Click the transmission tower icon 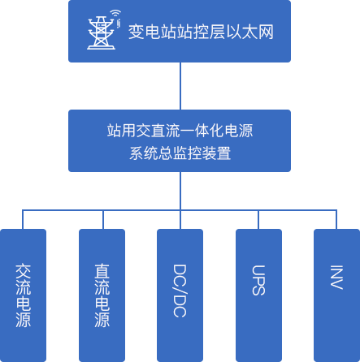click(x=101, y=32)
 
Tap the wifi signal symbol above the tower click(x=115, y=13)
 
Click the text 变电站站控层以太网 click(x=201, y=32)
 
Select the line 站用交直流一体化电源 click(x=180, y=131)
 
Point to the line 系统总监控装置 click(x=180, y=153)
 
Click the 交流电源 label click(x=24, y=295)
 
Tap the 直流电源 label click(x=102, y=295)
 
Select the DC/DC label click(x=180, y=291)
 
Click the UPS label click(x=258, y=280)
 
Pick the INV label click(x=336, y=278)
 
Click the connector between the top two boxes click(x=180, y=86)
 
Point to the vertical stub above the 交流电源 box click(x=23, y=219)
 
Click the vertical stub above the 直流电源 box click(x=103, y=219)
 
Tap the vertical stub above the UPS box click(x=258, y=219)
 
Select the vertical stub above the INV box click(x=336, y=219)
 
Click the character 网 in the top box click(x=266, y=32)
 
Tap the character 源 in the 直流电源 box click(x=102, y=320)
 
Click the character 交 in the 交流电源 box click(x=24, y=271)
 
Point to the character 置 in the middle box click(x=223, y=153)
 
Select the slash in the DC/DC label click(x=180, y=291)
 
